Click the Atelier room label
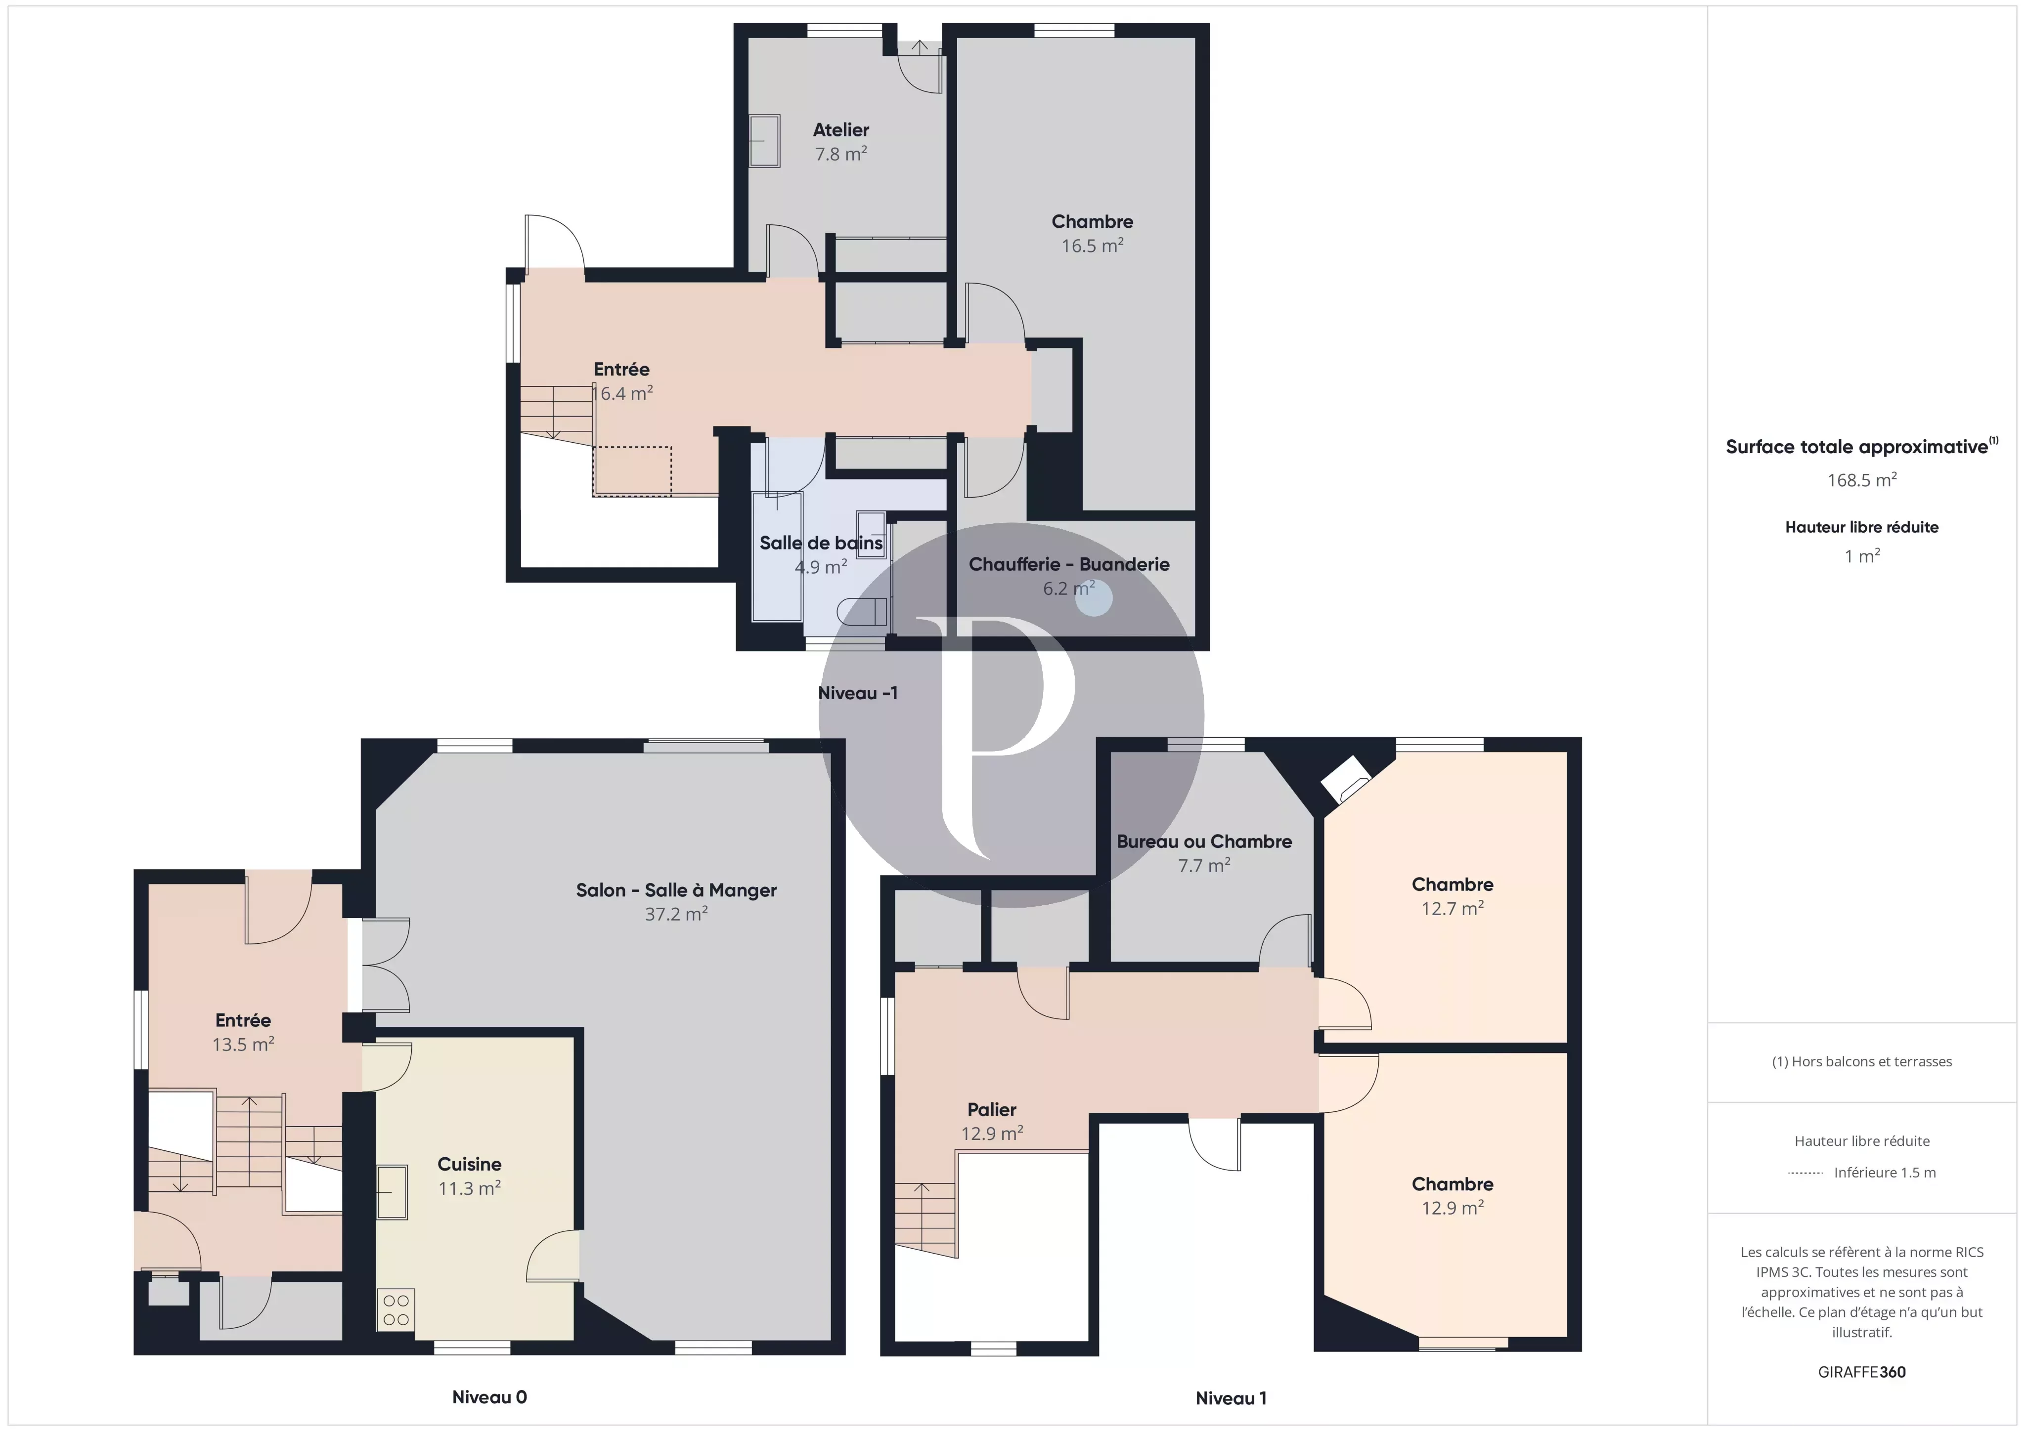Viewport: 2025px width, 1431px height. click(840, 129)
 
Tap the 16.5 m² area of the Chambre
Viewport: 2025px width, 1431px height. click(1092, 246)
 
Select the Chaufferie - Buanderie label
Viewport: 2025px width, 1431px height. click(1069, 564)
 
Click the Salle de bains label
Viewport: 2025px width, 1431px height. click(821, 543)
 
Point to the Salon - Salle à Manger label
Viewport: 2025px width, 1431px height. click(676, 890)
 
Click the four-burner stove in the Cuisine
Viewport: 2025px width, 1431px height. click(396, 1309)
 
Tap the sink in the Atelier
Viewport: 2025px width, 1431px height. click(765, 141)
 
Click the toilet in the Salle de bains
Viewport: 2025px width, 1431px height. click(863, 612)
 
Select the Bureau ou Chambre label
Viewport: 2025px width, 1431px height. click(1204, 842)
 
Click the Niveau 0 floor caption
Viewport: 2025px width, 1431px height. click(489, 1396)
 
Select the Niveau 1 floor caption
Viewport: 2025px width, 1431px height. click(1231, 1397)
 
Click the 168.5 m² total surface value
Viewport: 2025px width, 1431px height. click(1862, 480)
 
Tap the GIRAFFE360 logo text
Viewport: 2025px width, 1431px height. click(1862, 1372)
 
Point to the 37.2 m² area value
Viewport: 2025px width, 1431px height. click(676, 914)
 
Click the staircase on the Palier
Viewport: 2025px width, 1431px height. click(925, 1220)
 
